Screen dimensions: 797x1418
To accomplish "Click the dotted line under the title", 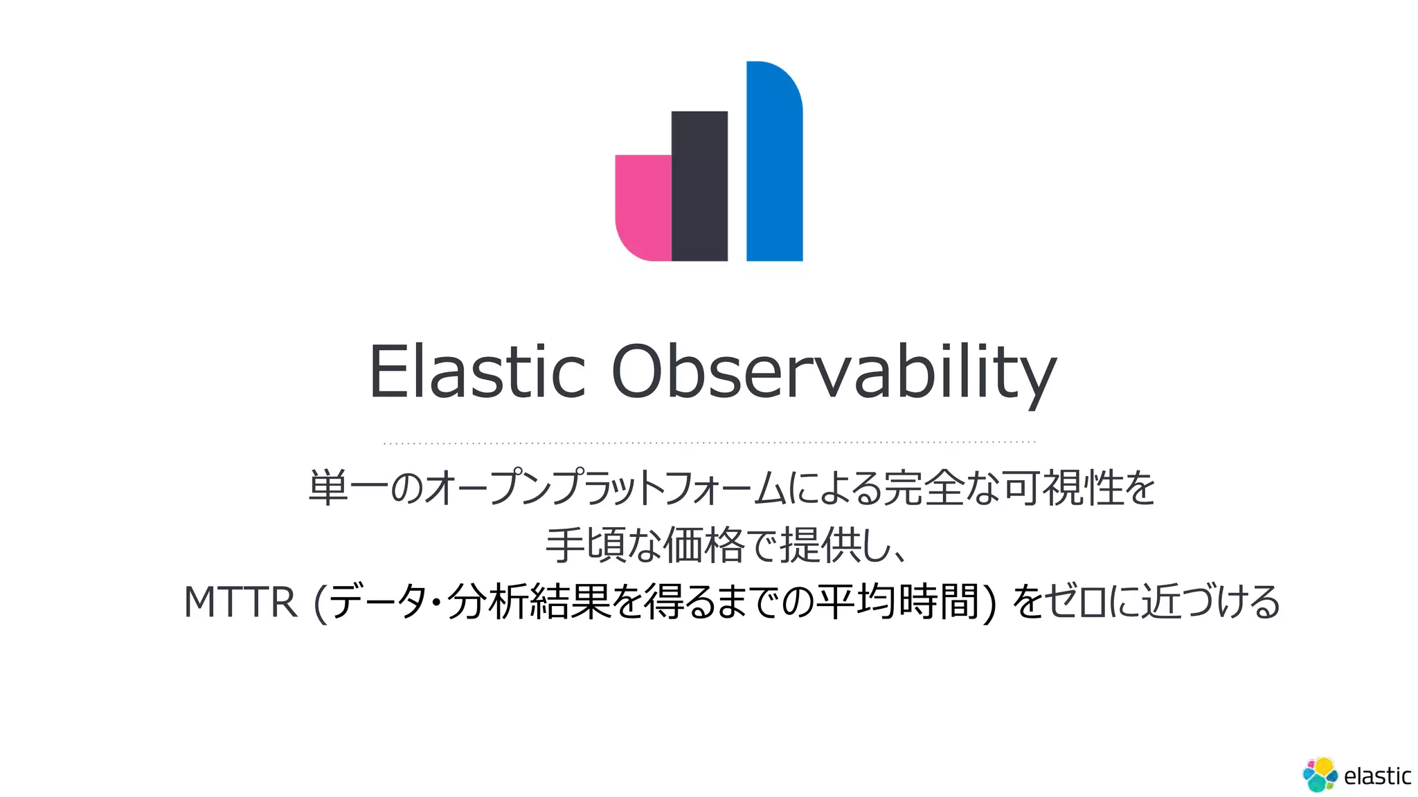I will point(709,442).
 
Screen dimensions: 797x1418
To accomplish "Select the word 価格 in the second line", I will point(703,545).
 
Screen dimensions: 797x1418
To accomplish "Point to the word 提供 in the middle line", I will point(820,545).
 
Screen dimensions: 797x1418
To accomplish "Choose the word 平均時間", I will point(897,602).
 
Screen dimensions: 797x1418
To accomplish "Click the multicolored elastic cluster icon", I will point(1320,774).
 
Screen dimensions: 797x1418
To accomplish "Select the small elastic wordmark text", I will point(1377,776).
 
